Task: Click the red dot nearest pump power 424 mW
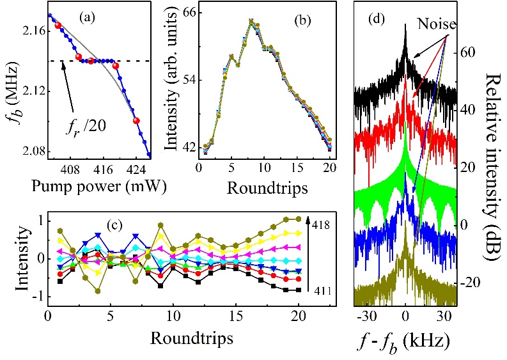coord(136,120)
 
